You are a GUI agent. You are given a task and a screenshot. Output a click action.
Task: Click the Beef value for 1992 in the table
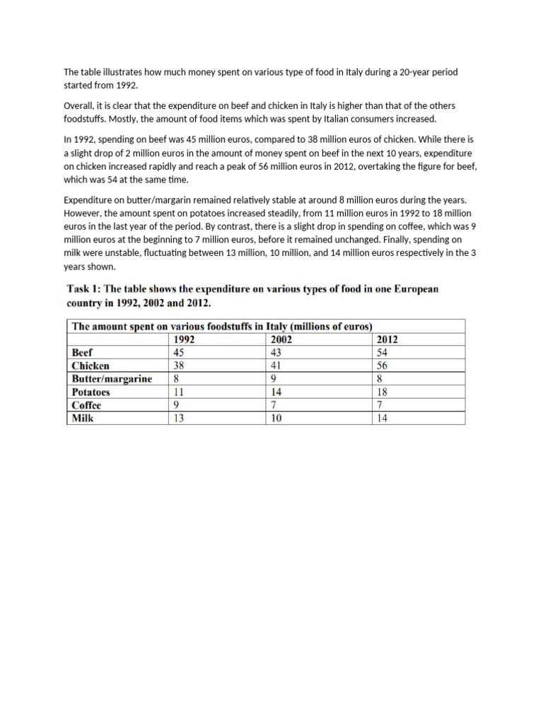tap(180, 352)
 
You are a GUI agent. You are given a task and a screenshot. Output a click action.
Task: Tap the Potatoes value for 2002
tap(276, 392)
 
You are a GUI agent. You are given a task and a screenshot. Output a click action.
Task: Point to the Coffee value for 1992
tap(177, 405)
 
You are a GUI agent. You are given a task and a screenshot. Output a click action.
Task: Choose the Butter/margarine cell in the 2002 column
tap(274, 379)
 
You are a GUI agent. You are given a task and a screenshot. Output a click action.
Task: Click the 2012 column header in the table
tap(388, 339)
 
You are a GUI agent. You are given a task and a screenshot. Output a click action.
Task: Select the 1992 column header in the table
tap(185, 339)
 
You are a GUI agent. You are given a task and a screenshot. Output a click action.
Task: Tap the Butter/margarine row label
tap(112, 379)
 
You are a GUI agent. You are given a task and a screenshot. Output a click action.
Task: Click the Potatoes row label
tap(90, 392)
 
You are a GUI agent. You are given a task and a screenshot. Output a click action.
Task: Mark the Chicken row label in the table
tap(90, 366)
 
